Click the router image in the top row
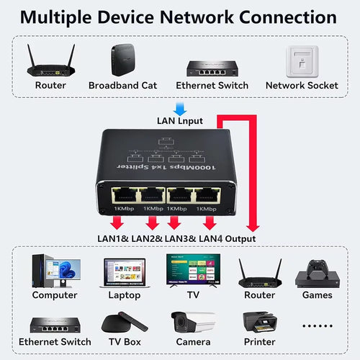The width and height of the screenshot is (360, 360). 50,60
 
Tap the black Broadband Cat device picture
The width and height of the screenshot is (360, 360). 122,61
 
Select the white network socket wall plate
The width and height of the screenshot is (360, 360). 301,62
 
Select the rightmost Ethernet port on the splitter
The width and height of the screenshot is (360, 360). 207,194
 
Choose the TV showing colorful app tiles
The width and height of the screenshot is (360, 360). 192,270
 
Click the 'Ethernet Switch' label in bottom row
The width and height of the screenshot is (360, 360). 55,342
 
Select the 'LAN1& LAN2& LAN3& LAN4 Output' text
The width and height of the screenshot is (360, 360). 176,238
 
